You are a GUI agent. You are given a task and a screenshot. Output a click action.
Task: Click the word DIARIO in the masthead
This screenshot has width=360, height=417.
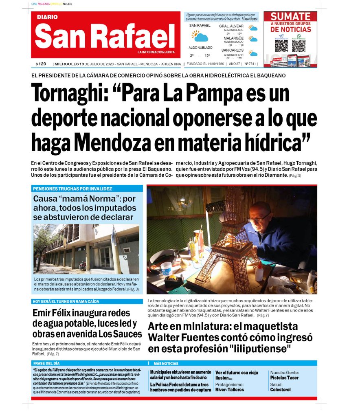tap(47, 17)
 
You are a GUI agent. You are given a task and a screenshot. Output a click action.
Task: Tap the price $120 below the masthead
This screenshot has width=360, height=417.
tap(41, 64)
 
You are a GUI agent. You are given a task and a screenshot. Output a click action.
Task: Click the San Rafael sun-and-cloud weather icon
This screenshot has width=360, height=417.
tap(200, 36)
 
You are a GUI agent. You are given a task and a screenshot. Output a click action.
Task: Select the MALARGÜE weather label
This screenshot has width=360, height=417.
tap(233, 38)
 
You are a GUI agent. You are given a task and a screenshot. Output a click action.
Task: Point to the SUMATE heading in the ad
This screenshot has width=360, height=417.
tap(291, 17)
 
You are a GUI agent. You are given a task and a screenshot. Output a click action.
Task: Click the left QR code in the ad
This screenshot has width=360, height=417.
tap(281, 45)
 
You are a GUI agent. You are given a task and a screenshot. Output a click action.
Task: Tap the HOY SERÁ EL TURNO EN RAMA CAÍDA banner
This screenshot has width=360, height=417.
tap(66, 301)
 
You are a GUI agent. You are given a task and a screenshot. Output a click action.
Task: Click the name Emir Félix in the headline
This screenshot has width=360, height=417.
tap(57, 313)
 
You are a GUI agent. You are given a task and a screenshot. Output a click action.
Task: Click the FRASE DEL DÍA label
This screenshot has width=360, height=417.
tap(46, 363)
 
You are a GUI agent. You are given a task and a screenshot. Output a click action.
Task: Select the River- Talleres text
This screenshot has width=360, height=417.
tap(230, 390)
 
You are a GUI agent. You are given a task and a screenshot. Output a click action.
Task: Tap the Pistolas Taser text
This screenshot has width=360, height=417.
tap(284, 377)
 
